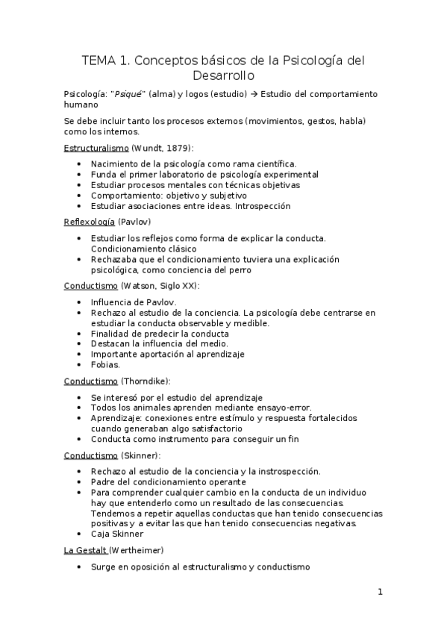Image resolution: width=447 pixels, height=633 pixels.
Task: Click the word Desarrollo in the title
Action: pyautogui.click(x=223, y=75)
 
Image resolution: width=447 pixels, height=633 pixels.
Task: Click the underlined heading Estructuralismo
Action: pyautogui.click(x=96, y=148)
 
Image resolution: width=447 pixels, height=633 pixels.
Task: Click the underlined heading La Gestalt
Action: pyautogui.click(x=86, y=550)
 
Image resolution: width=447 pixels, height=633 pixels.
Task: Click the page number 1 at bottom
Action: pyautogui.click(x=380, y=593)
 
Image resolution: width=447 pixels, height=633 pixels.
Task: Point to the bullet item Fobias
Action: pyautogui.click(x=104, y=364)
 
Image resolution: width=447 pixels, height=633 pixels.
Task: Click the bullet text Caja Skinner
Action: pyautogui.click(x=118, y=534)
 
